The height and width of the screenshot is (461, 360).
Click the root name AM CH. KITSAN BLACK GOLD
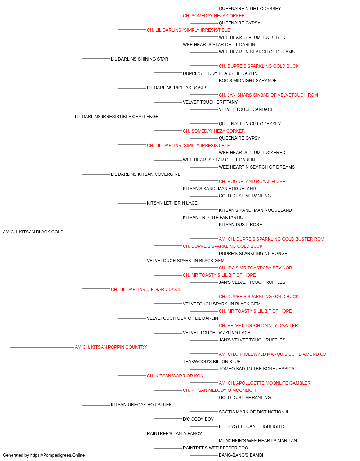33,232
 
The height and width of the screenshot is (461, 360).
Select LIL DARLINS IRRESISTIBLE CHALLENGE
116,117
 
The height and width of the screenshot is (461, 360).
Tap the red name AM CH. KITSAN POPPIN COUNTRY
111,347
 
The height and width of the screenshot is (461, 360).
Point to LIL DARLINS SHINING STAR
139,59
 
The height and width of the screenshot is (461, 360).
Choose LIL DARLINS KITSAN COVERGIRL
145,174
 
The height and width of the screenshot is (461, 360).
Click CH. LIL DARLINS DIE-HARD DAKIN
146,289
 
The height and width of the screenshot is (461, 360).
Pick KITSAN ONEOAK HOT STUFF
141,405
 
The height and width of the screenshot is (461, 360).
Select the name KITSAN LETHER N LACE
172,203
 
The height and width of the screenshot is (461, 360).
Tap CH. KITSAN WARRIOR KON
175,376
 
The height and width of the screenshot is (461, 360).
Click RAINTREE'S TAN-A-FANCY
174,434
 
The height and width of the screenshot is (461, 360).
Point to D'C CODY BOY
198,419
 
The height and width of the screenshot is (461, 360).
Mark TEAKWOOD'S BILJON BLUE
212,362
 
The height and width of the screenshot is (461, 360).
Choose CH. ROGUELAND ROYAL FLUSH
252,182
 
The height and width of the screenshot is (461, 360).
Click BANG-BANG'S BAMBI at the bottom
241,455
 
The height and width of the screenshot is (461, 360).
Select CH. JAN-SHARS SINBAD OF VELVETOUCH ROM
268,95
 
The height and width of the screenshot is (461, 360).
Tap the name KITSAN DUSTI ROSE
240,225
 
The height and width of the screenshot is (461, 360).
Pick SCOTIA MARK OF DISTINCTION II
253,412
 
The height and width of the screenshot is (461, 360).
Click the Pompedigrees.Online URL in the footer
57,455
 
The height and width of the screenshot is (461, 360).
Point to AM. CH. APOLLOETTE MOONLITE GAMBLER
265,383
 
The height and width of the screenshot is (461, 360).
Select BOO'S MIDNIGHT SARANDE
248,81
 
